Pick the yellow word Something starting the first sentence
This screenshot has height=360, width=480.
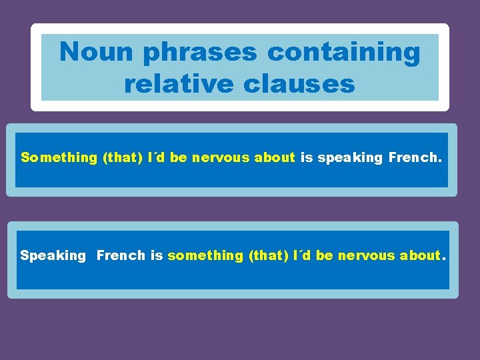[x=59, y=158]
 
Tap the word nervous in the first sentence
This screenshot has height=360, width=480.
[x=220, y=158]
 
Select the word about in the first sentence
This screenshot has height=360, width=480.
[x=275, y=158]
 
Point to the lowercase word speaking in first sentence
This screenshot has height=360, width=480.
[x=351, y=159]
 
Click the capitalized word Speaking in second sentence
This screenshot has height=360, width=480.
[x=53, y=256]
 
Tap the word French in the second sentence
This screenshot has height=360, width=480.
[x=121, y=255]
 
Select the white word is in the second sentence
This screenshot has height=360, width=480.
[x=157, y=255]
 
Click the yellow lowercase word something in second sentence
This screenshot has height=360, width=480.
[x=205, y=256]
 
